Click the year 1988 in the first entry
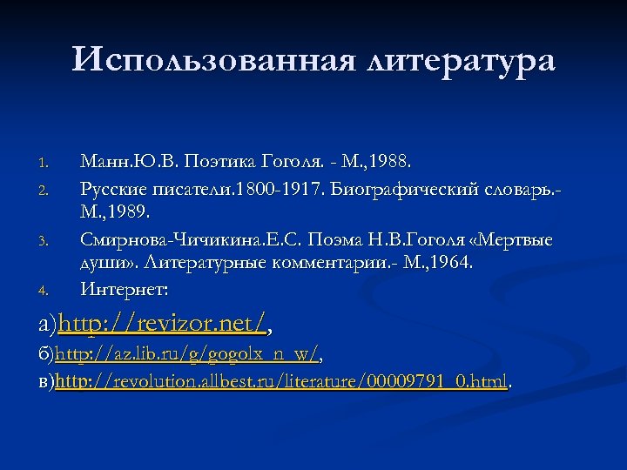click(398, 162)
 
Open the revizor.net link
click(162, 325)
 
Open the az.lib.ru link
click(187, 355)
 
